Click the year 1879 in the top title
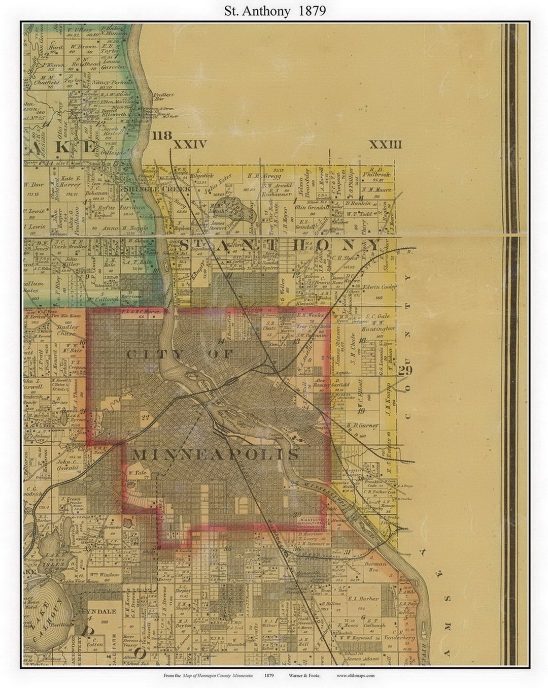coord(309,11)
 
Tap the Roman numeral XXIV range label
coord(190,145)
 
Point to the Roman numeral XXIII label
coord(385,145)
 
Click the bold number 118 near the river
coord(162,136)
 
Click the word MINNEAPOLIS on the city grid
coord(215,454)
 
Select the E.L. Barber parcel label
coord(364,599)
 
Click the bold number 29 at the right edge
coord(405,370)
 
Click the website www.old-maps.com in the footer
coord(356,675)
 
